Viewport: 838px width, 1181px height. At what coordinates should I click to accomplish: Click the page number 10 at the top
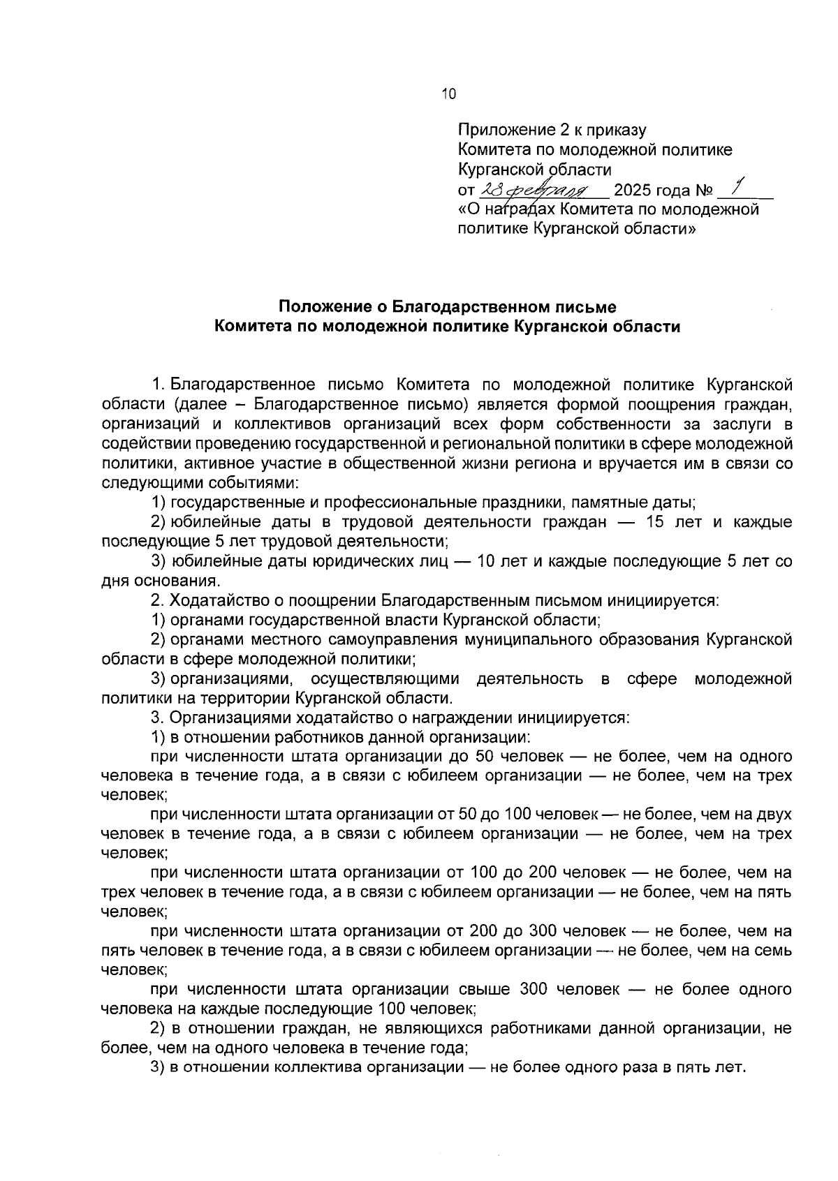pyautogui.click(x=448, y=94)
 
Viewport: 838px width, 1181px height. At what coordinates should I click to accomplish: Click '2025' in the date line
pyautogui.click(x=637, y=191)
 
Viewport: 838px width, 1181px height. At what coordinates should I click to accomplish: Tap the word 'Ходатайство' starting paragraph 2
pyautogui.click(x=214, y=600)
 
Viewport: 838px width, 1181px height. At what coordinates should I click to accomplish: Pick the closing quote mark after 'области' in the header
pyautogui.click(x=692, y=229)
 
